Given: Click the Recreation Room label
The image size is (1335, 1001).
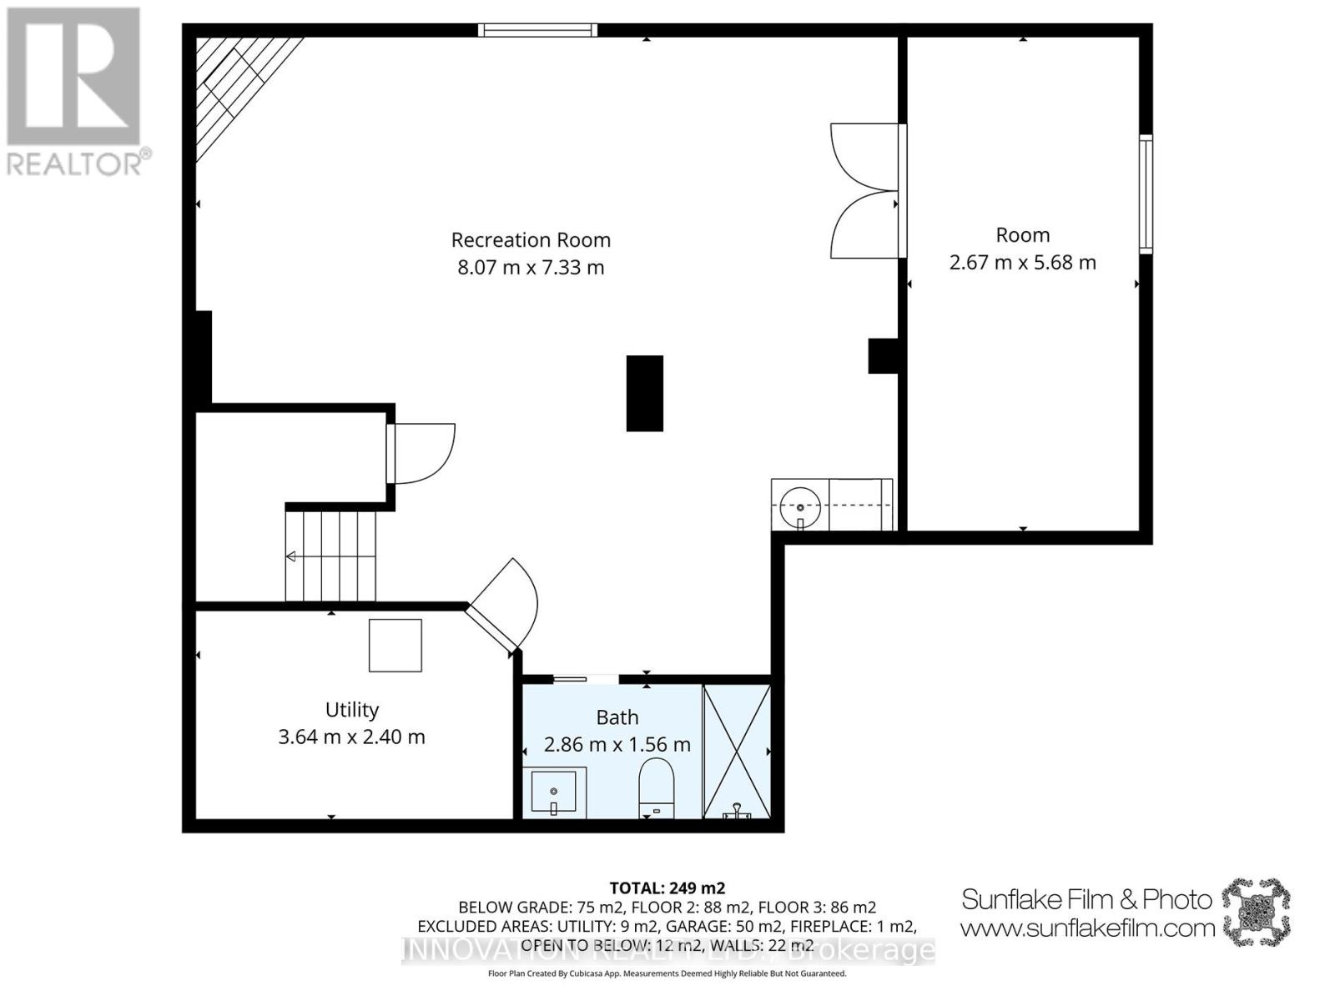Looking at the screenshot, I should pos(531,240).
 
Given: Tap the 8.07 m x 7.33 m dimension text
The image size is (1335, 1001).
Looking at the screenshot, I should pos(531,268).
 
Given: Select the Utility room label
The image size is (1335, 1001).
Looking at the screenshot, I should pos(351,710).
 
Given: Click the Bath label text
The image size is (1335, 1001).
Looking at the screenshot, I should pos(617,717).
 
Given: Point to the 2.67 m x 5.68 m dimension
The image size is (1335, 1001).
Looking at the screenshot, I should pos(1022,263).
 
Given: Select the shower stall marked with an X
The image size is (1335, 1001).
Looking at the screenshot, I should pos(736,751).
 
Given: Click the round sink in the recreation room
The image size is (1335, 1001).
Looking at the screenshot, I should pos(799,506).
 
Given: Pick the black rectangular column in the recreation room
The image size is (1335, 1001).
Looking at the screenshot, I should pos(645,393).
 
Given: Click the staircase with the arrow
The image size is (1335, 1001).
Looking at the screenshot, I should pos(331,556).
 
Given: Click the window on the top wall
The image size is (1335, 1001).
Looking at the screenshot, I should pos(538,31).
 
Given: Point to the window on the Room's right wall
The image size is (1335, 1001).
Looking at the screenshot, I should pos(1146,194).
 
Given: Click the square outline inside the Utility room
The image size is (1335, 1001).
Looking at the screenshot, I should pos(395,645).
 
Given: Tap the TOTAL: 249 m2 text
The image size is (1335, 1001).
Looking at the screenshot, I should pos(667,888).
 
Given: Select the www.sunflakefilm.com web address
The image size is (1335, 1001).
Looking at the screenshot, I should pos(1087,928).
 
